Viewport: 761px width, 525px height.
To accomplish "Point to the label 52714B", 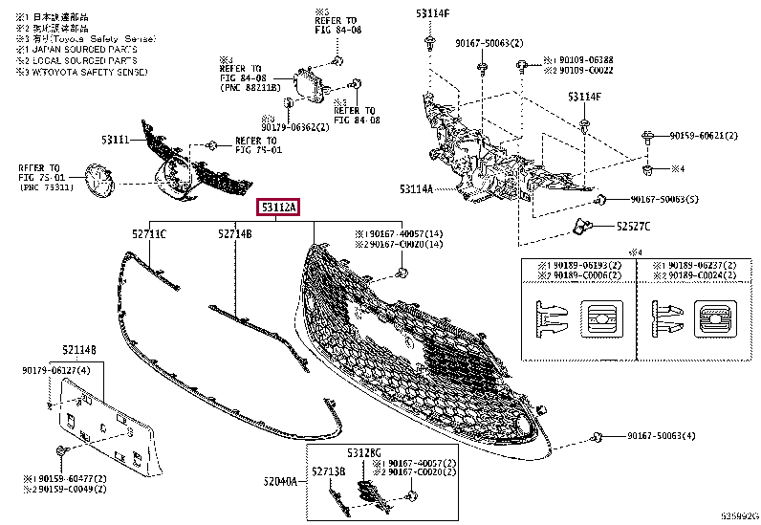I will [233, 233].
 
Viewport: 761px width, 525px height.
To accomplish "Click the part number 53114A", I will [417, 189].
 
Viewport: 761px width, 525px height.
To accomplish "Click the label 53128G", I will [364, 451].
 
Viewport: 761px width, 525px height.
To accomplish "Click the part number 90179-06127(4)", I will [56, 370].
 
